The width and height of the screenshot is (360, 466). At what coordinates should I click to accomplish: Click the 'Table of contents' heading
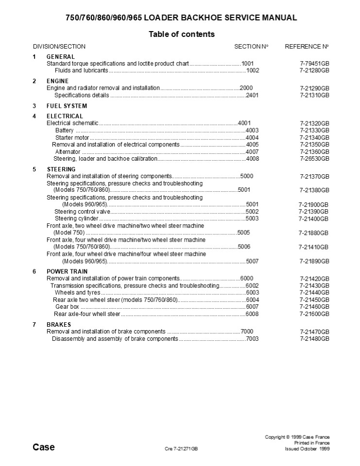coord(181,34)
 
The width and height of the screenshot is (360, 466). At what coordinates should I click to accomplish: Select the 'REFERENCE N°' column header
coord(307,47)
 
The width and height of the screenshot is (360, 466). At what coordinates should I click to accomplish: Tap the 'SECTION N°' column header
coord(251,47)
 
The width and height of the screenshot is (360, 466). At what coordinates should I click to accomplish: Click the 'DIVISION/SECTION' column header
coord(59,47)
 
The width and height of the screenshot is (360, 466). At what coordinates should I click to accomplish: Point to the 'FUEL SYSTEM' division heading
coord(67,106)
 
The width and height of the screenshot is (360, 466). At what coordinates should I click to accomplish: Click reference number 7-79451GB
coord(314,64)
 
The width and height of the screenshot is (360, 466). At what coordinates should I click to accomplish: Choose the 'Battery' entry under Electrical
coord(65,131)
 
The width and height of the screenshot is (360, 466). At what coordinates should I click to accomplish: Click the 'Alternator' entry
coord(68,152)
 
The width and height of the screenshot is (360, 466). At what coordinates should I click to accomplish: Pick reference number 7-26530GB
coord(314,159)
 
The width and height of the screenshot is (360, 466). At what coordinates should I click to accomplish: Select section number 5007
coord(253,261)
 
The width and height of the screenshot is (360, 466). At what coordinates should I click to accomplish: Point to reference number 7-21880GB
coord(314,233)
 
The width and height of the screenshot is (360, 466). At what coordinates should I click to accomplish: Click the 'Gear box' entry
coord(67,307)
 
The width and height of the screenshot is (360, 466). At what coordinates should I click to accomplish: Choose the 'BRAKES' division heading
coord(59,324)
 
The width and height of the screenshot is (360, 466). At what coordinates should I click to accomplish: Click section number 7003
coord(253,338)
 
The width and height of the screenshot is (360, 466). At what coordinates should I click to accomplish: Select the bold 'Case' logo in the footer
coord(44,447)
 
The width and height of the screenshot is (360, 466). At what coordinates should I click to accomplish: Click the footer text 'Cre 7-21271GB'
coord(181,449)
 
